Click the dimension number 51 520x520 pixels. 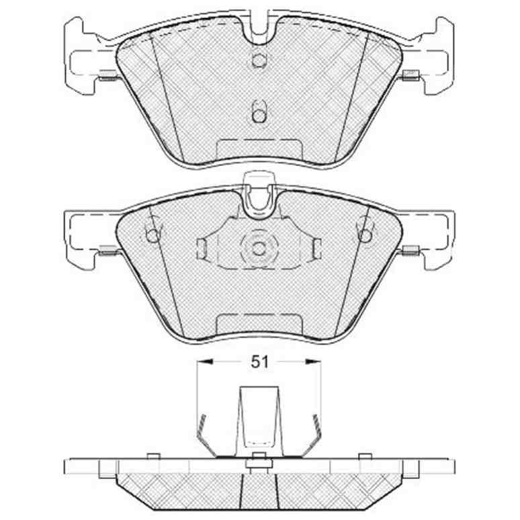tap(259, 362)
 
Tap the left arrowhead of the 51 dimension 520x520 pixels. tap(204, 362)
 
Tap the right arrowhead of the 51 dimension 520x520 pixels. tap(314, 362)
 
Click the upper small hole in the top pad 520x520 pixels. tap(259, 60)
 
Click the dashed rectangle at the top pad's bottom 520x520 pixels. tap(259, 149)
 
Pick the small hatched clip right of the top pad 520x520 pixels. tap(410, 75)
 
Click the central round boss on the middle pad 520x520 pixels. tap(259, 248)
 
